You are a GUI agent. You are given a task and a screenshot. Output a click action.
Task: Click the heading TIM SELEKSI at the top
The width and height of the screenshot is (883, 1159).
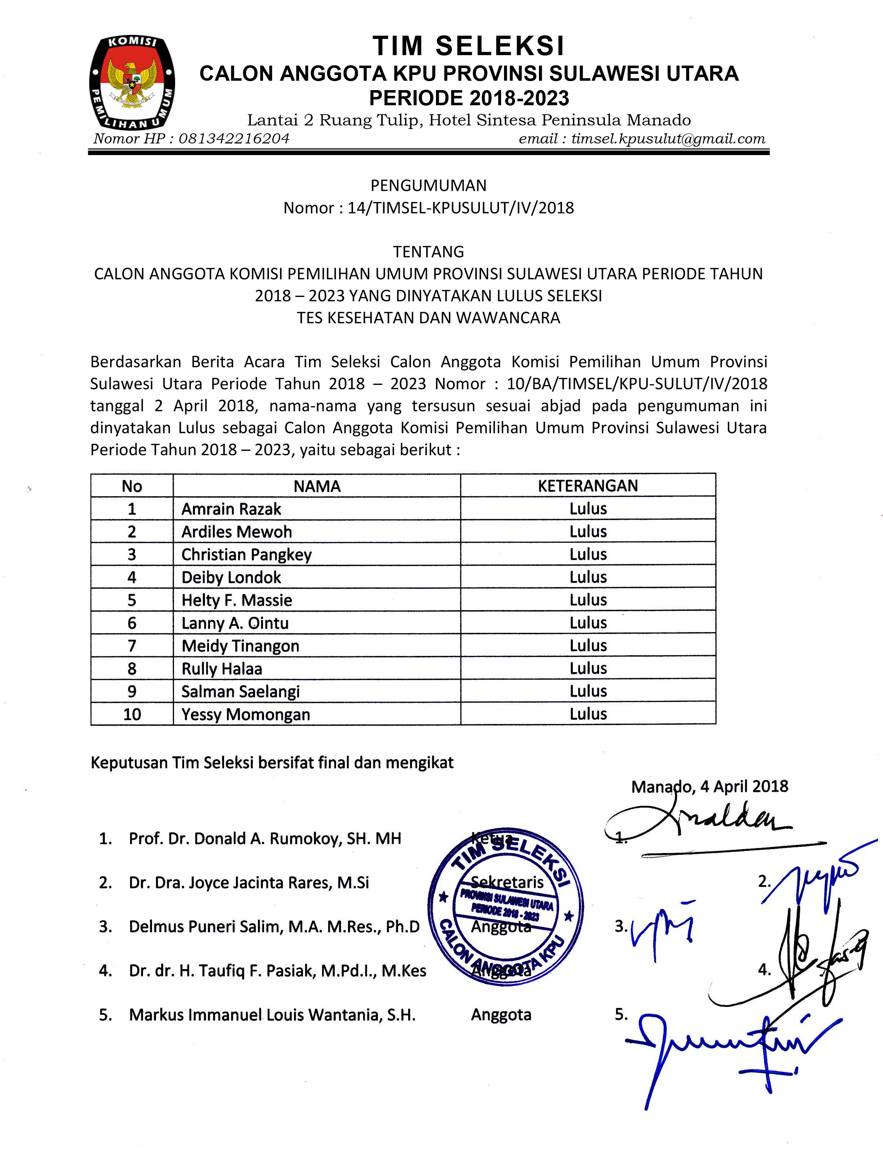tap(468, 46)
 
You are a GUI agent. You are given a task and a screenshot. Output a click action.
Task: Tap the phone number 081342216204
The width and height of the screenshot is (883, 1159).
tap(234, 139)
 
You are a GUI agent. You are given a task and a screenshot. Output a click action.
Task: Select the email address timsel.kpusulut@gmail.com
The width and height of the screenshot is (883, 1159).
tap(668, 139)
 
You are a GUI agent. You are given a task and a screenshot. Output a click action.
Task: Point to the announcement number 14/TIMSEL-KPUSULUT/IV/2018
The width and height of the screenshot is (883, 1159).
tap(460, 208)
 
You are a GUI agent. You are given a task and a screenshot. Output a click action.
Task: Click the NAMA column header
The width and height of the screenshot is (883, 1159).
tap(317, 486)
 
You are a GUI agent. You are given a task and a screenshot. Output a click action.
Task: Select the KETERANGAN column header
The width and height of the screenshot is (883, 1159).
tap(588, 486)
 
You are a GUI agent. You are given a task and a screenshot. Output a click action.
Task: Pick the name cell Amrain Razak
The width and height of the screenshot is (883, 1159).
tap(231, 509)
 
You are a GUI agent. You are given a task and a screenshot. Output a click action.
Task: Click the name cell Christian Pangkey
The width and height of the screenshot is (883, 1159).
tap(246, 555)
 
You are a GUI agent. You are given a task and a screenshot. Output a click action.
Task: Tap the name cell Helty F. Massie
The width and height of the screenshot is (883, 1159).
tap(237, 600)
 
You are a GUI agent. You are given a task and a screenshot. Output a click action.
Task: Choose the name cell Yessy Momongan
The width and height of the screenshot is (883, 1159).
tap(245, 714)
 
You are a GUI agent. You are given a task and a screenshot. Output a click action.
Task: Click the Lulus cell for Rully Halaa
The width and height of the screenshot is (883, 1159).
tap(588, 669)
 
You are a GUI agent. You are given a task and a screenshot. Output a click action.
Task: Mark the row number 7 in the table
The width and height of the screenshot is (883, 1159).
tap(132, 646)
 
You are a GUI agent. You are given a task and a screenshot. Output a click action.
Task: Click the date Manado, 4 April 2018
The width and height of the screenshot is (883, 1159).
tap(710, 786)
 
